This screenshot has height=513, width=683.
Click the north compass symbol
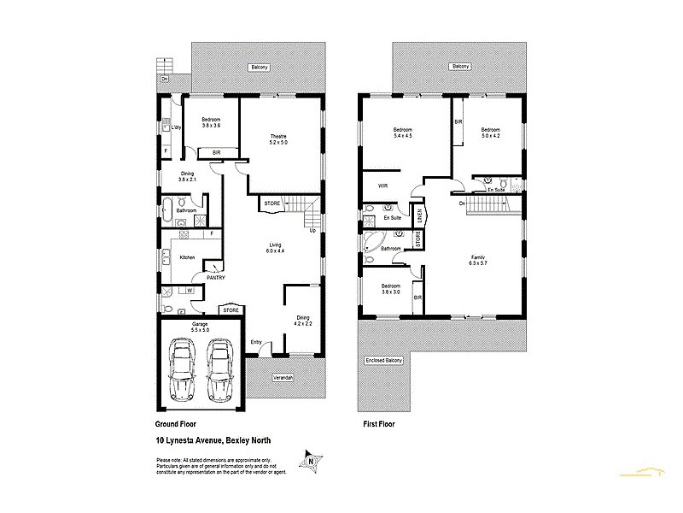tap(310, 460)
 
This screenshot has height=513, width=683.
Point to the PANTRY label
tap(215, 276)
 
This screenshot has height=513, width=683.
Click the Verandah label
tap(283, 377)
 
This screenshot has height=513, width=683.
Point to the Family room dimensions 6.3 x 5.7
tap(478, 263)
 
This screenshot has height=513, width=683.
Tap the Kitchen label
tap(187, 256)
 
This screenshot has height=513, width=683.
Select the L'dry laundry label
tap(176, 128)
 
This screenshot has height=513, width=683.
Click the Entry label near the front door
tap(256, 343)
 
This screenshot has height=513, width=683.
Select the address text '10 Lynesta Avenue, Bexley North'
tap(214, 441)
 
